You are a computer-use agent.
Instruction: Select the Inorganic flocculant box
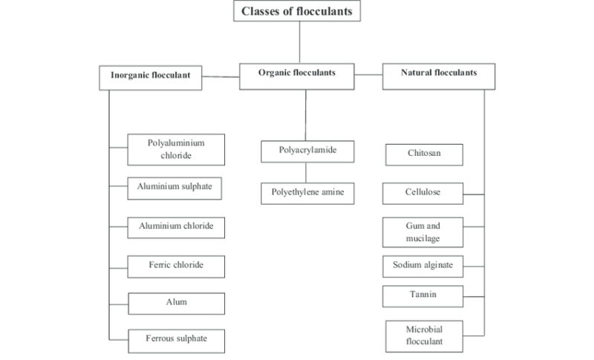[x=151, y=77]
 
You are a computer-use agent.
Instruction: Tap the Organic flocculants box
[x=297, y=74]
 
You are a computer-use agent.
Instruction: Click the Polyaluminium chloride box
[x=176, y=148]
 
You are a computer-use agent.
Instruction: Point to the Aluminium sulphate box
[x=176, y=188]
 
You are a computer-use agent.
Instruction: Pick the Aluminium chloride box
[x=176, y=226]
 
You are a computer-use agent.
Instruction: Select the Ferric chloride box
[x=176, y=265]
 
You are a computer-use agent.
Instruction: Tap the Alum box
[x=176, y=303]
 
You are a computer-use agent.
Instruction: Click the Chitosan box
[x=424, y=154]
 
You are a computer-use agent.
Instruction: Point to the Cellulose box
[x=423, y=194]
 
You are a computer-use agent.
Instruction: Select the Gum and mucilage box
[x=423, y=232]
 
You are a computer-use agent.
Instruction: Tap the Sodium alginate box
[x=423, y=265]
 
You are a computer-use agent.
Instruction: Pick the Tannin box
[x=423, y=296]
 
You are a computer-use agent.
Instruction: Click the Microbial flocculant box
[x=423, y=336]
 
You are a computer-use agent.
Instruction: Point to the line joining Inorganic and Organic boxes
[x=221, y=76]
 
